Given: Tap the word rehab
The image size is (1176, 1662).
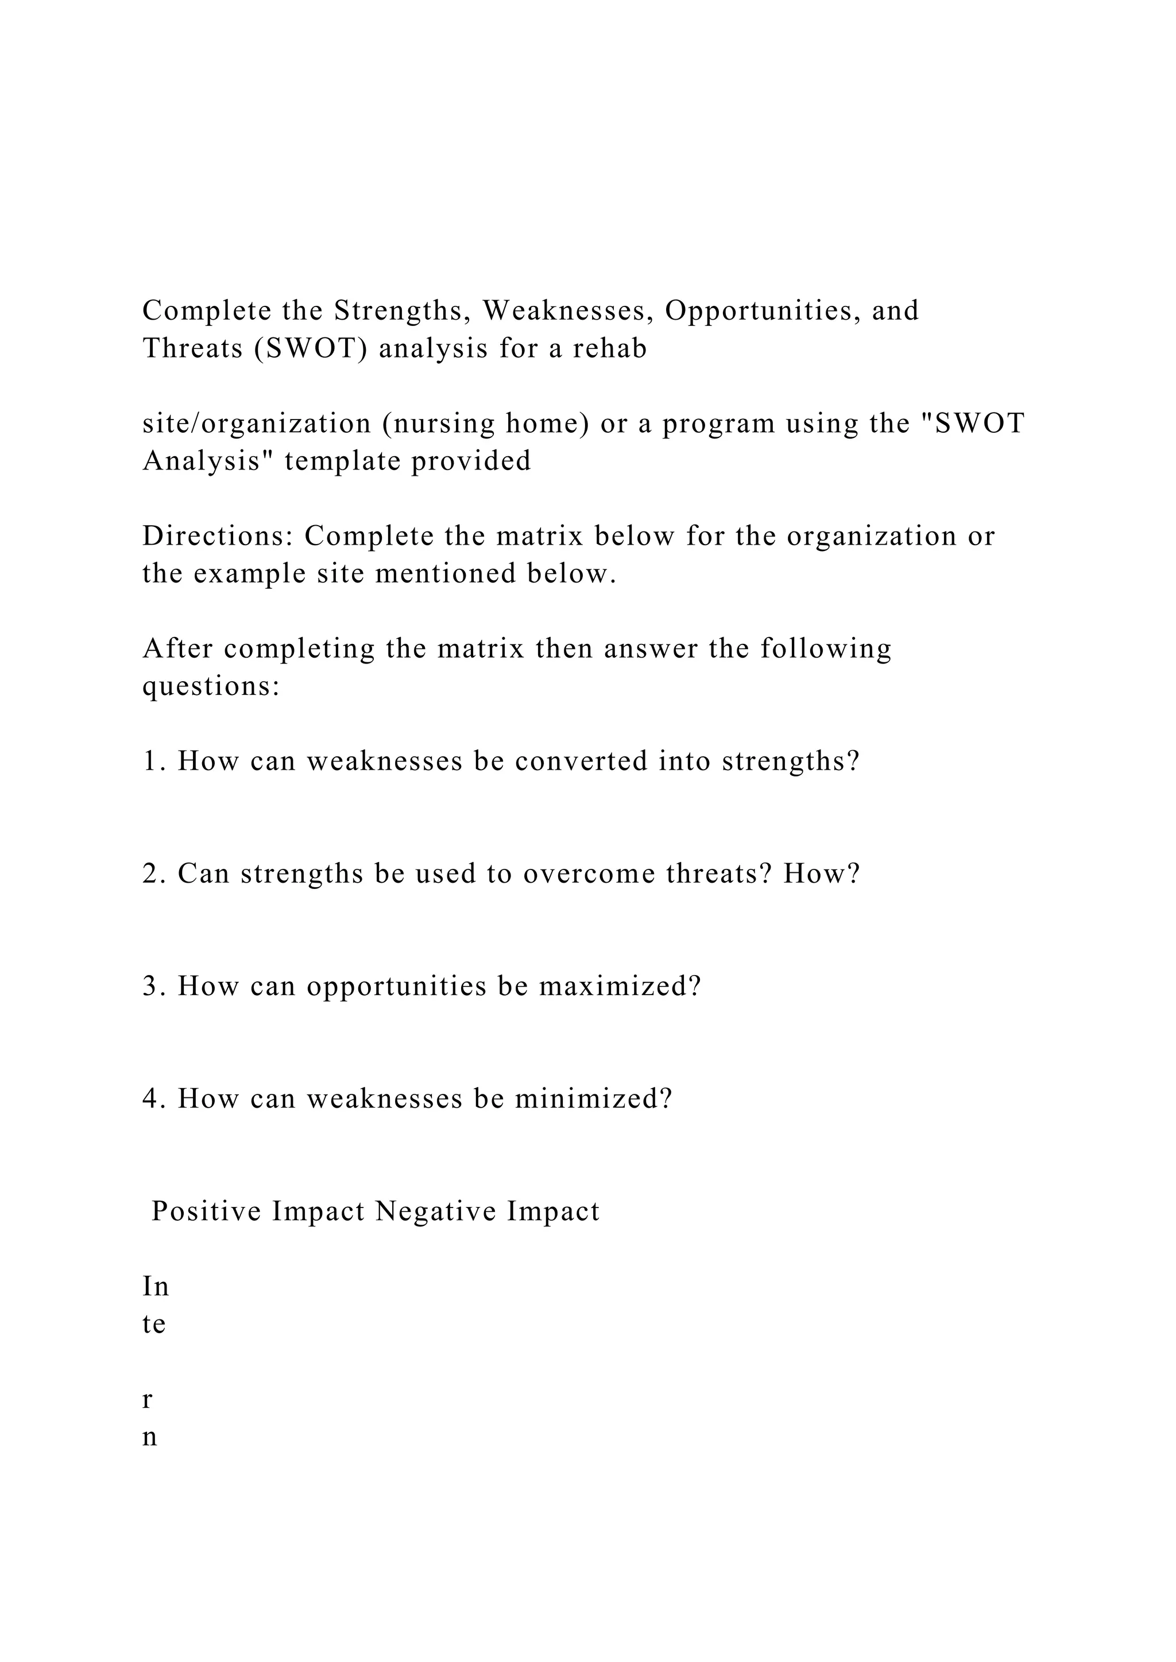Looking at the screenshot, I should tap(610, 349).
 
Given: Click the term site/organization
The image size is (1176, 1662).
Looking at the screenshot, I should tap(256, 424).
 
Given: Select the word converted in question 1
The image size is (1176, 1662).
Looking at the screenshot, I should tap(581, 762).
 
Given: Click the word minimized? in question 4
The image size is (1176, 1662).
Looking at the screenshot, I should tap(593, 1100).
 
